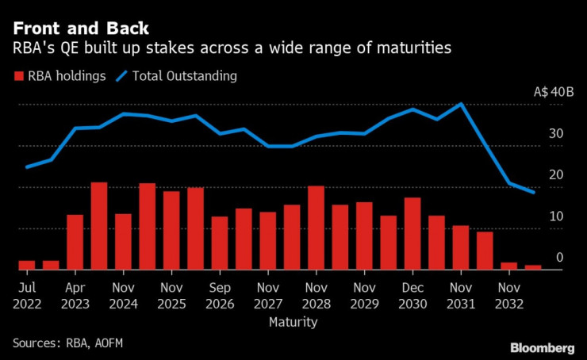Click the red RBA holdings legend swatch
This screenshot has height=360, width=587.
[x=17, y=76]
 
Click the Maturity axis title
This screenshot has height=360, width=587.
[x=293, y=323]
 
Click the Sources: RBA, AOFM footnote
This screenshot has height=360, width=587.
[x=67, y=343]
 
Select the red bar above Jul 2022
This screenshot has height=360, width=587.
[x=27, y=265]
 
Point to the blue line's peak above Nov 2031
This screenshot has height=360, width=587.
[x=461, y=104]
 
